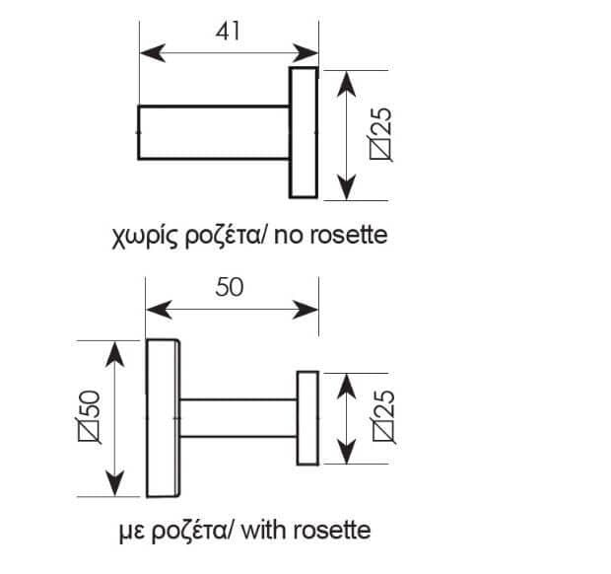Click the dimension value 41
tap(228, 32)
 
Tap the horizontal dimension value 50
tap(229, 287)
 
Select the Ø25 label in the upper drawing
tap(380, 133)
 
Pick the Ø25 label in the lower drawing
tap(383, 416)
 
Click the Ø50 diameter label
tap(90, 416)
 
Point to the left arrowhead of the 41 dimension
tap(153, 53)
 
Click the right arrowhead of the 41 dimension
tap(305, 53)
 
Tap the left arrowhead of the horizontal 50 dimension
tap(159, 310)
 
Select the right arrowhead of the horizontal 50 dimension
tap(305, 310)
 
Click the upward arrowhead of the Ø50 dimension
tap(115, 354)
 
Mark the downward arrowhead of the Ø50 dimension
tap(115, 483)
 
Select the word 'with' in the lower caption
tap(264, 531)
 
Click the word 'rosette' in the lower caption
tap(332, 532)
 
